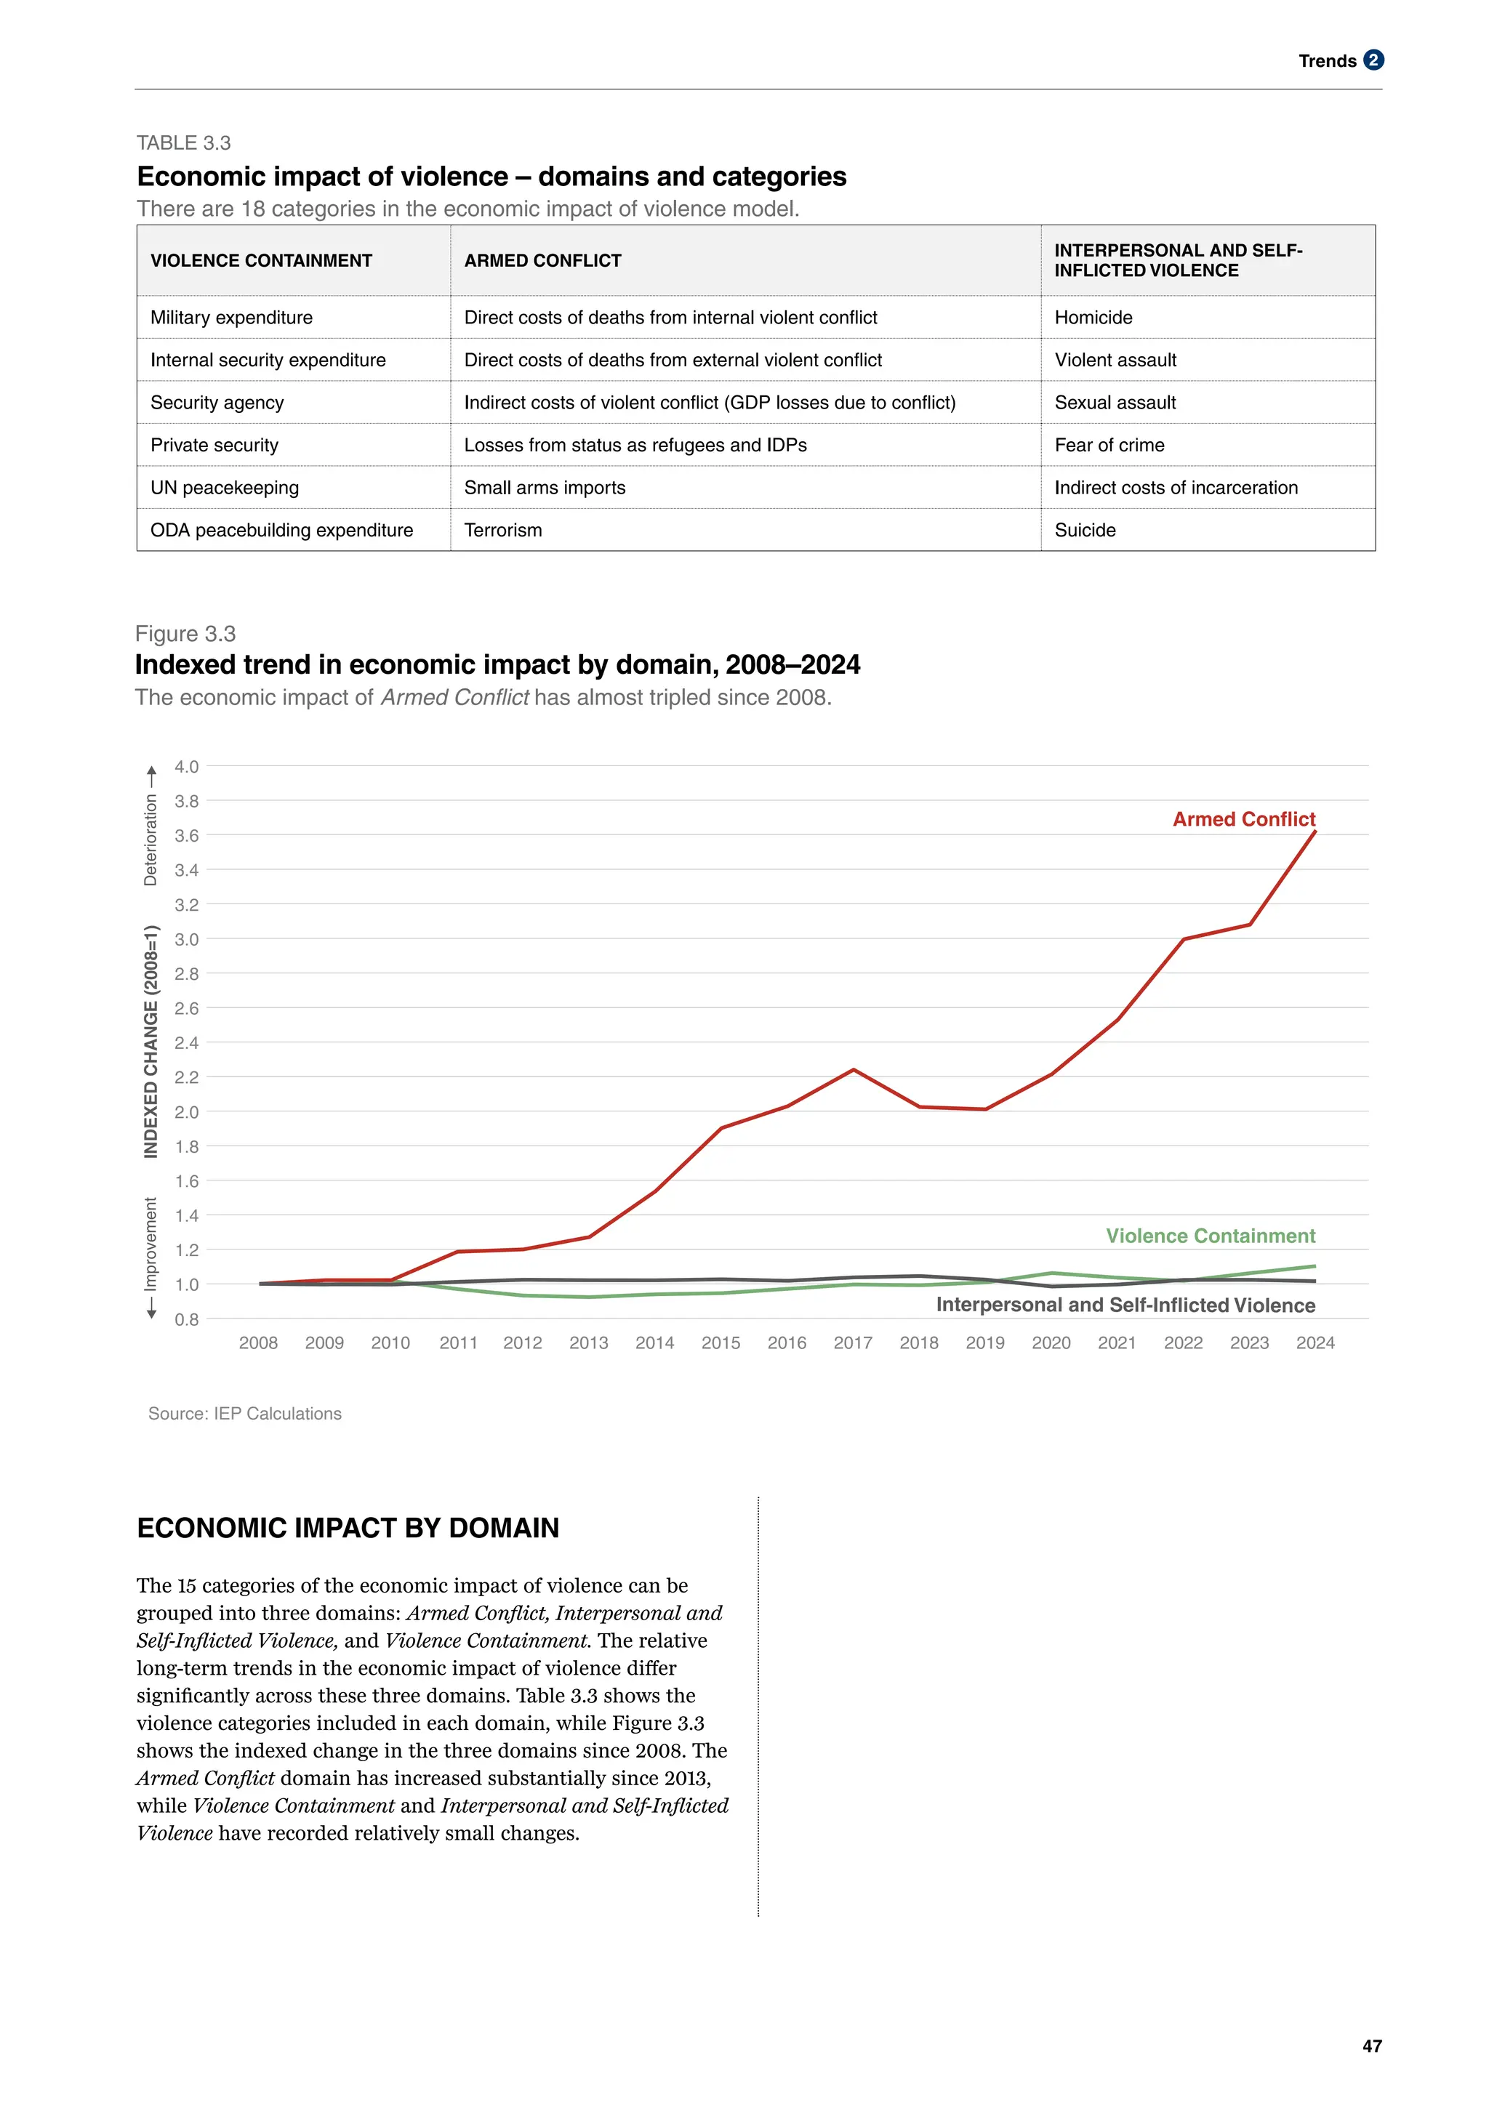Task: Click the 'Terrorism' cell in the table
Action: point(502,530)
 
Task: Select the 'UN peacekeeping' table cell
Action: point(225,488)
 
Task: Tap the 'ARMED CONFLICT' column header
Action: point(543,260)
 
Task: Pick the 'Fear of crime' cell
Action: point(1109,445)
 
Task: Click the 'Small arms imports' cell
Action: point(545,488)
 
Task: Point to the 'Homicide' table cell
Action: point(1093,317)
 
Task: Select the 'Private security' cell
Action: point(214,445)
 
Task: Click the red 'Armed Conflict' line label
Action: point(1243,818)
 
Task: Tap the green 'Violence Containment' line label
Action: point(1211,1236)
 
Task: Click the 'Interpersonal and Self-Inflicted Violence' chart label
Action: point(1125,1305)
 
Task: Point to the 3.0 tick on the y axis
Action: point(187,939)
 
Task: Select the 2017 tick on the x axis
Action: point(853,1343)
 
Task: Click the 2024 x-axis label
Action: point(1315,1343)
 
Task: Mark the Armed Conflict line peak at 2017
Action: point(854,1070)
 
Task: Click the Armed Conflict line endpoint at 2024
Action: point(1315,832)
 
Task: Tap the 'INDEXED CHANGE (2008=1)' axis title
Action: point(151,1042)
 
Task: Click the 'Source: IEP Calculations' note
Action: point(245,1414)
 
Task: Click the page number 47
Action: point(1372,2045)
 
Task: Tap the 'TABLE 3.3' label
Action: point(183,143)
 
